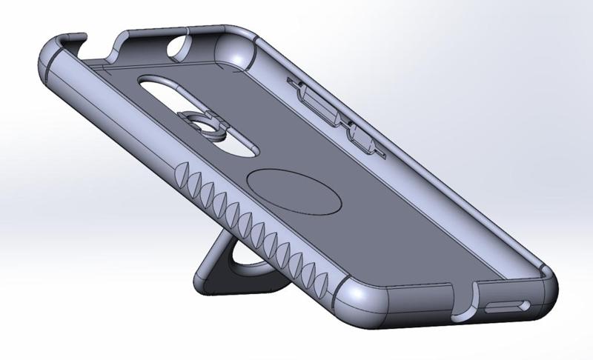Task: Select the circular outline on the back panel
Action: tap(295, 190)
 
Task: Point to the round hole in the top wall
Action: tap(180, 48)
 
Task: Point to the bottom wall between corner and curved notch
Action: tap(415, 306)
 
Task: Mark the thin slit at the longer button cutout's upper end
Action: tap(290, 79)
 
